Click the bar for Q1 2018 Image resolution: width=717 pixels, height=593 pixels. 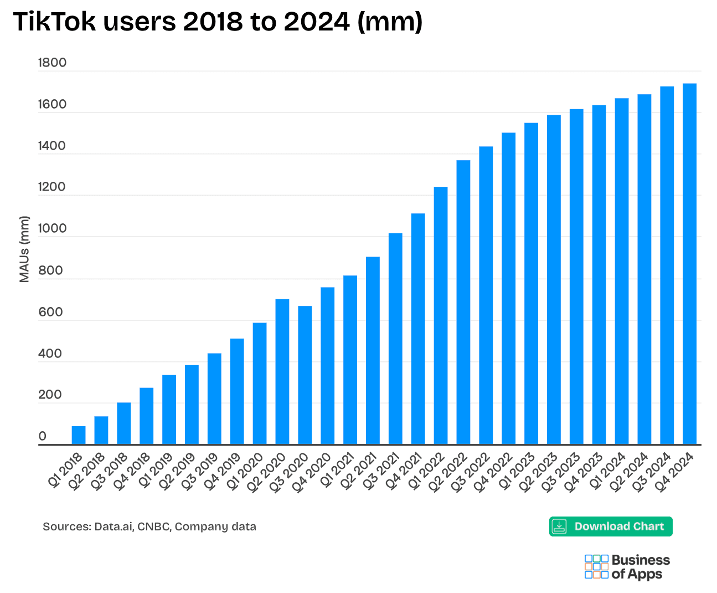(79, 435)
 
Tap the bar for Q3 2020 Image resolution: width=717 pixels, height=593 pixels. (305, 375)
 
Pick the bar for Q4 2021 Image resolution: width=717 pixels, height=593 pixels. (418, 329)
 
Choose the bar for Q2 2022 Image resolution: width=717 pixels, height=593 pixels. (463, 302)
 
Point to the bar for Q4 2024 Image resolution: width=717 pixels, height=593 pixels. (689, 264)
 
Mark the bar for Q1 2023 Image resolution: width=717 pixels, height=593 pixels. (531, 283)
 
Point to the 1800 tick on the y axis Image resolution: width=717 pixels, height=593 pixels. (52, 63)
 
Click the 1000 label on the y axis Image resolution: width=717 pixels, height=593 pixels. (52, 228)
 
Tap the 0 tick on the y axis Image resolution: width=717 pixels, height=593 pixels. (43, 436)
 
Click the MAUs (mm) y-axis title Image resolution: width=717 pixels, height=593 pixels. (24, 249)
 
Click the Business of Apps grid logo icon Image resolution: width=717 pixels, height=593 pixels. (596, 566)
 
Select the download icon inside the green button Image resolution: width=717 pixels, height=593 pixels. (560, 526)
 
